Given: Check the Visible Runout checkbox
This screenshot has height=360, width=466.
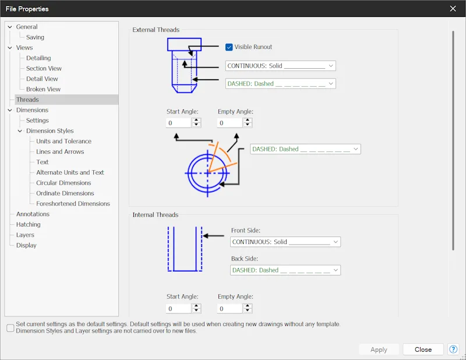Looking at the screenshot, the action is click(229, 47).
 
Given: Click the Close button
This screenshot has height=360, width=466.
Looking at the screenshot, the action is click(423, 350).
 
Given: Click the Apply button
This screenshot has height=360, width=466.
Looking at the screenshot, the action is click(379, 350).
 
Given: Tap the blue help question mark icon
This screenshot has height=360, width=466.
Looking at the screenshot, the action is click(453, 350).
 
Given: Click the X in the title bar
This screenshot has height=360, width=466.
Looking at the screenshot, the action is click(453, 9).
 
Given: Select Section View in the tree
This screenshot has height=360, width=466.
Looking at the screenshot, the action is click(44, 68).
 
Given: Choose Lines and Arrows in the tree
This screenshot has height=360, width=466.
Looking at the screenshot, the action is click(60, 151).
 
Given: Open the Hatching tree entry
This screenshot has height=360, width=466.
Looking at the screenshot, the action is click(28, 224).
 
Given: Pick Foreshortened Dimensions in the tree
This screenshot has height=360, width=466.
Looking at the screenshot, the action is click(73, 204).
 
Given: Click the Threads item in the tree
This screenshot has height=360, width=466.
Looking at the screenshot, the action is click(27, 100).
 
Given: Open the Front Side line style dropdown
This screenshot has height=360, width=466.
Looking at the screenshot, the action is click(285, 242).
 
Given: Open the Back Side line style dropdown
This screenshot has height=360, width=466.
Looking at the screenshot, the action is click(285, 270).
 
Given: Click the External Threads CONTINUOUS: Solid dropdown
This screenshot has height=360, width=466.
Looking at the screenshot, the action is click(281, 66).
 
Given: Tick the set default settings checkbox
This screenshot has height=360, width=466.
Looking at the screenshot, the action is click(10, 328).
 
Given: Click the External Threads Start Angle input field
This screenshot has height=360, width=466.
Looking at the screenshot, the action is click(178, 123).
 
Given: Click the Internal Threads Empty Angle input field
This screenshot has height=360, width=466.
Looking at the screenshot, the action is click(230, 309).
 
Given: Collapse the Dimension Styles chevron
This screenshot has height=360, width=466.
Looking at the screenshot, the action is click(20, 131).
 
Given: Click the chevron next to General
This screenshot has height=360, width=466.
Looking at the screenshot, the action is click(10, 27).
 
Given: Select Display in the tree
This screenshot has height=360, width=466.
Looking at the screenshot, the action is click(26, 245).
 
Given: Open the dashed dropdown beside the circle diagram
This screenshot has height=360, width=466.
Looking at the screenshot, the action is click(305, 149).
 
